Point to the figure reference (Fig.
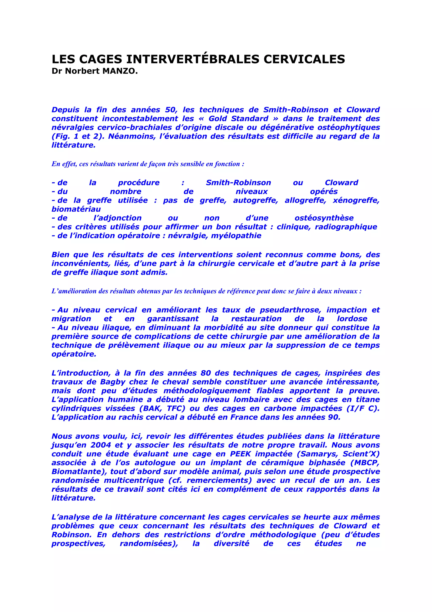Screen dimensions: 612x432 point(61,136)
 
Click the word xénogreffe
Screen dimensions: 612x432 point(356,200)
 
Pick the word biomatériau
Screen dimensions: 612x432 point(76,209)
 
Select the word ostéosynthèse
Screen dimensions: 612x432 point(324,218)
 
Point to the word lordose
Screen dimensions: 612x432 point(352,319)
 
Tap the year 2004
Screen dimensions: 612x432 point(100,445)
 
